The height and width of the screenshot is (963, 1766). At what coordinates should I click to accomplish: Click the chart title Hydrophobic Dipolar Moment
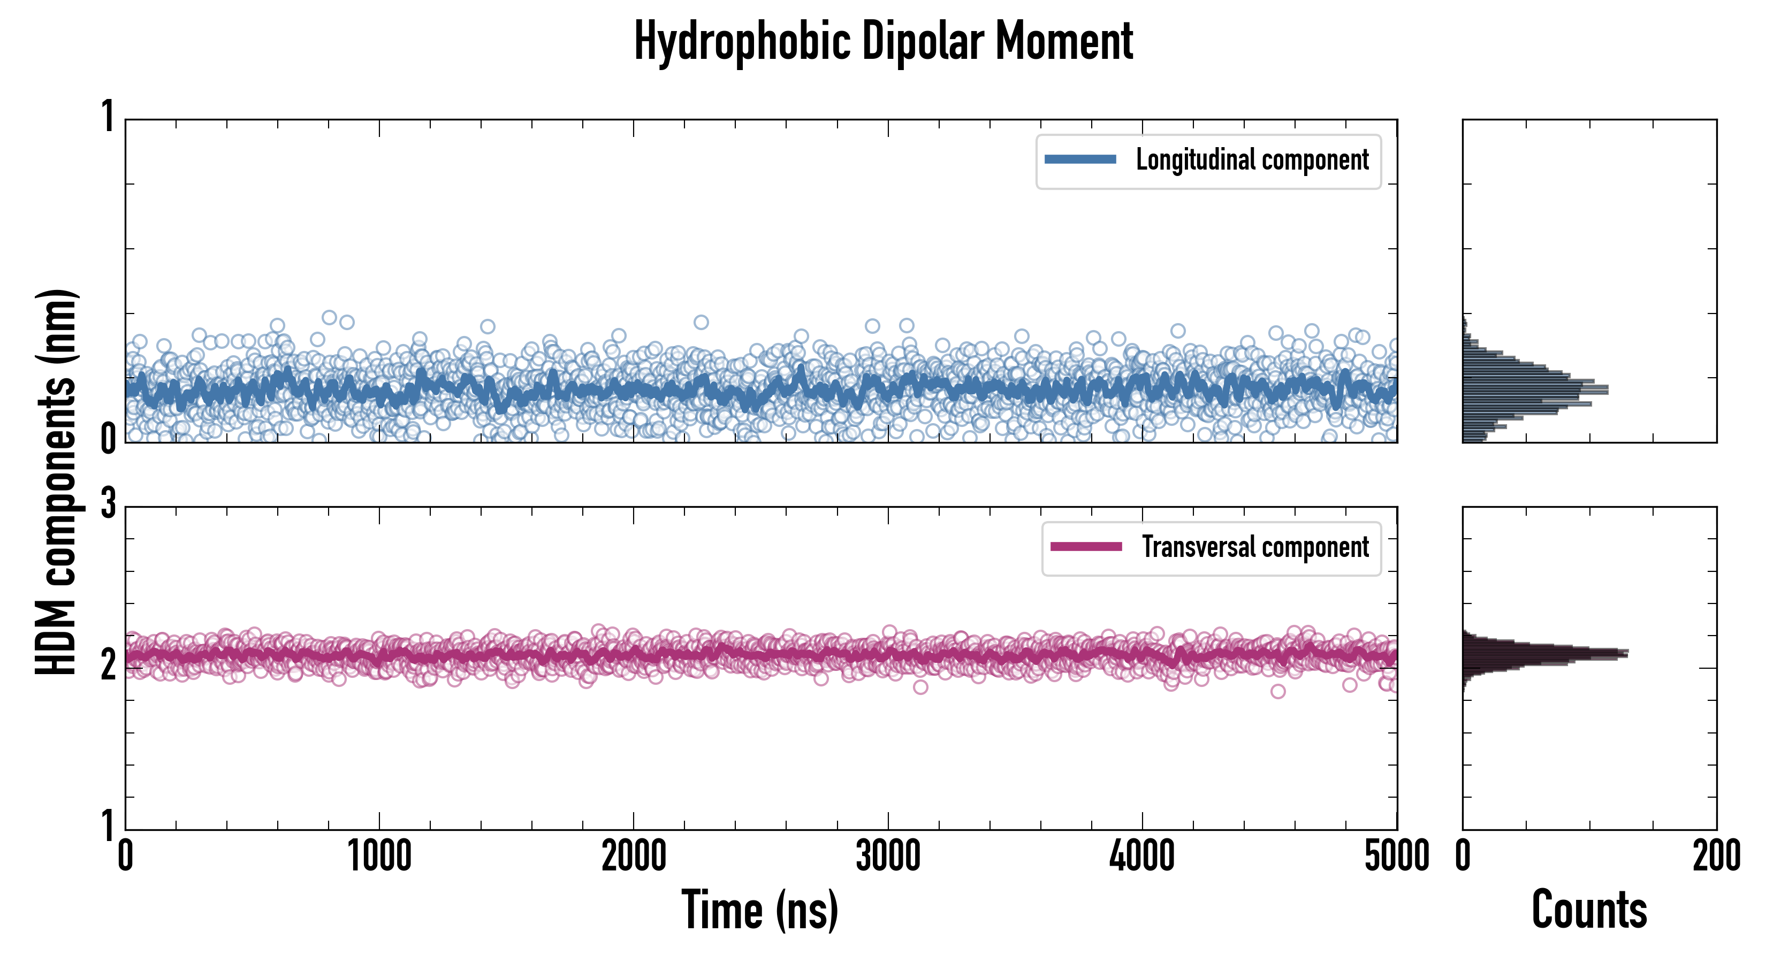pos(883,41)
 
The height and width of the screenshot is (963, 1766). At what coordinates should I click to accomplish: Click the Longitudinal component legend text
pos(1252,160)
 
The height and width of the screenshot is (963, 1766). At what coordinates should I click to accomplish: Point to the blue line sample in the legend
pos(1080,160)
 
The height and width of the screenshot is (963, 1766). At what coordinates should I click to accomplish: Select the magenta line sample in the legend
pos(1086,547)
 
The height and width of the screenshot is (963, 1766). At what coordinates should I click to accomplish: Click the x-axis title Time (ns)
pos(759,909)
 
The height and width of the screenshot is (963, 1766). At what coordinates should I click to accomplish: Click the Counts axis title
pos(1589,909)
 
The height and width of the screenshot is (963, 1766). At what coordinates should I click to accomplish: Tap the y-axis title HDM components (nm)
pos(56,482)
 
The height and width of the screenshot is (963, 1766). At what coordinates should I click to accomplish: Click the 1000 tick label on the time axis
pos(379,857)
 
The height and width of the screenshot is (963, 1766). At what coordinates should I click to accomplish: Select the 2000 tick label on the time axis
pos(634,857)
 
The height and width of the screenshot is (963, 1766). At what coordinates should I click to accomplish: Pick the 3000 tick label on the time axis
pos(888,857)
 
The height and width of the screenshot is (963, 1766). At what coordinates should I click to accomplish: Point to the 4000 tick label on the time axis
pos(1142,857)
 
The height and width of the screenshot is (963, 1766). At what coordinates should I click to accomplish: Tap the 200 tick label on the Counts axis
pos(1716,857)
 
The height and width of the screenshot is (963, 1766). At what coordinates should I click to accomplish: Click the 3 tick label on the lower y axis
pos(108,505)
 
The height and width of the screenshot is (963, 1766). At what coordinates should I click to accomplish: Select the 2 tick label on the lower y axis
pos(108,665)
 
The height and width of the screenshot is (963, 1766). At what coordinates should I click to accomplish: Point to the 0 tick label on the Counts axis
pos(1463,857)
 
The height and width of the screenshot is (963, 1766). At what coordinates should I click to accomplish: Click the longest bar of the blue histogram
pos(1536,390)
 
